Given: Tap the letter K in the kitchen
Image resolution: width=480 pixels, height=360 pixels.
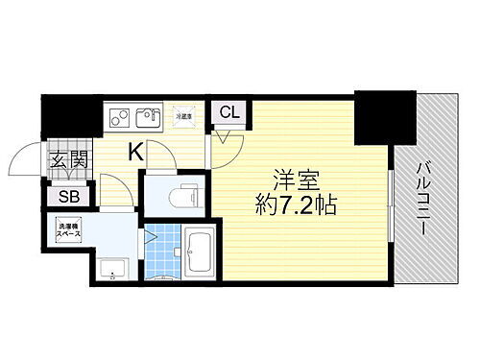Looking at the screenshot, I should (x=136, y=150).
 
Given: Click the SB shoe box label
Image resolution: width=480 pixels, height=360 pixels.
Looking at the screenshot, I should (x=69, y=197).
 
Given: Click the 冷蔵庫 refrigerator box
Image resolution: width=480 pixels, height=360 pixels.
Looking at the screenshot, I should (x=184, y=115).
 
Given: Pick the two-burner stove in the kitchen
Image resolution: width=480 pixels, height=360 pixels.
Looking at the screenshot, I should (x=121, y=117).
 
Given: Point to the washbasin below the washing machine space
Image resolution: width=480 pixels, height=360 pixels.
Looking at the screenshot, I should (x=113, y=270).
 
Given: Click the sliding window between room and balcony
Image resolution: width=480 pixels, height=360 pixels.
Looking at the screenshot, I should (x=390, y=206).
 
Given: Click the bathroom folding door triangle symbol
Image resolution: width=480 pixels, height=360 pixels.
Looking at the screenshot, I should (x=150, y=232).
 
